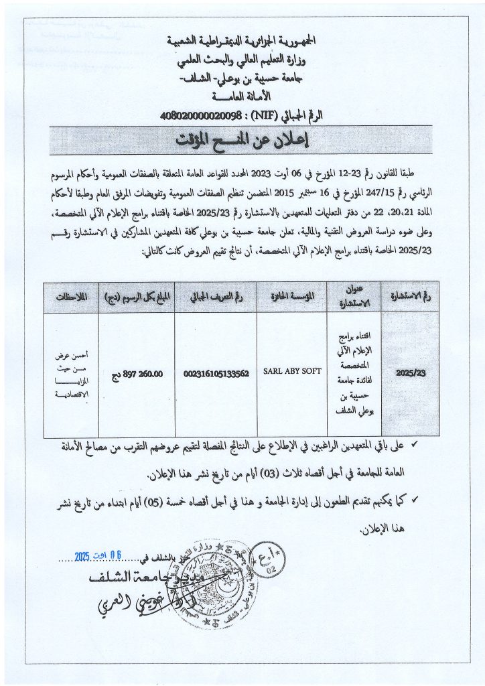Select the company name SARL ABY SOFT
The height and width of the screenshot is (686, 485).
click(x=292, y=371)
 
